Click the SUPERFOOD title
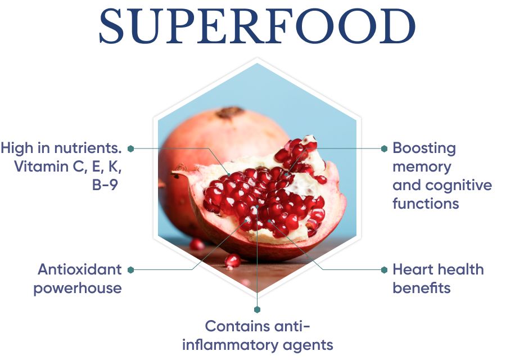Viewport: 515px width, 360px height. [257, 28]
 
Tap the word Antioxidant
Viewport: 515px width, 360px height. [79, 269]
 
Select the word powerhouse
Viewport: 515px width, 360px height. [77, 288]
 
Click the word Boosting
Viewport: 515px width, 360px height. [424, 148]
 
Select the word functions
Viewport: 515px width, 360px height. [426, 204]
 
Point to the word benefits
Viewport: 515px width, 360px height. [421, 288]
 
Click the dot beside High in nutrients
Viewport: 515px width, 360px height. [130, 148]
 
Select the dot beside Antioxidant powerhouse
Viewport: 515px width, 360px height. [130, 270]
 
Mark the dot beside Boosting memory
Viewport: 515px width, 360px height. [384, 148]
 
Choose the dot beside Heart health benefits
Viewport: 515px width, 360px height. [384, 270]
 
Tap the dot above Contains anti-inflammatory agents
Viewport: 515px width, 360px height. [257, 309]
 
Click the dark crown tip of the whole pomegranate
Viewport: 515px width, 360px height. [231, 112]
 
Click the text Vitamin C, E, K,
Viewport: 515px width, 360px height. [67, 167]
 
